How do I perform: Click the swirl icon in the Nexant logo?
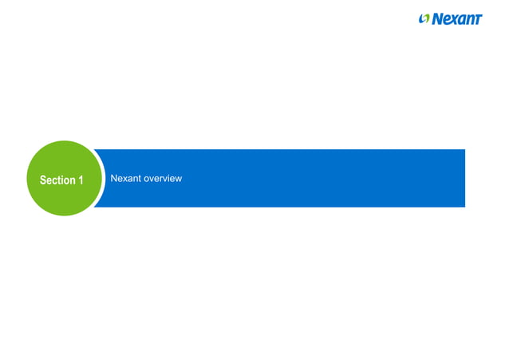(424, 18)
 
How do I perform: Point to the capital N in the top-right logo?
(437, 18)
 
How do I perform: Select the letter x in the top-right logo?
(454, 19)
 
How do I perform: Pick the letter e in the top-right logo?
(446, 19)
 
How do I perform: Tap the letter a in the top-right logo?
(462, 19)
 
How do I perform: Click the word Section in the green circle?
(57, 180)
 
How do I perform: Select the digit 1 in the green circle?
(80, 180)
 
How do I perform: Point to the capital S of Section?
(43, 180)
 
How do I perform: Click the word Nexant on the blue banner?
(124, 178)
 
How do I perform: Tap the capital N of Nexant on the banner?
(114, 178)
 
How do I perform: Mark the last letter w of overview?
(179, 178)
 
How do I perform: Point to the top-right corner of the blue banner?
(464, 150)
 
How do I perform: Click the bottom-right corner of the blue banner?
(464, 207)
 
